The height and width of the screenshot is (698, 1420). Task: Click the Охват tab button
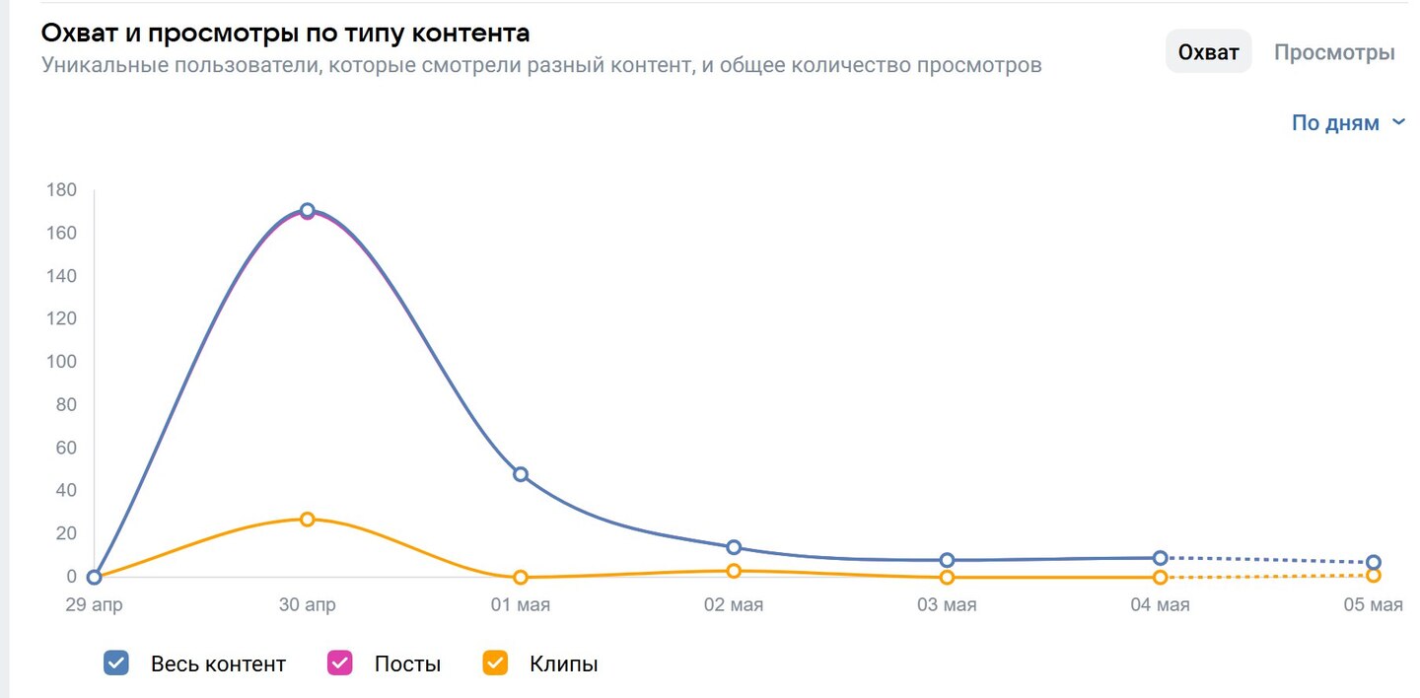click(x=1208, y=52)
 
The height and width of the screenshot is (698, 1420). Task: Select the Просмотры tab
click(x=1334, y=52)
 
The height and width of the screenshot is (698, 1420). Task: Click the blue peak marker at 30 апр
click(x=307, y=210)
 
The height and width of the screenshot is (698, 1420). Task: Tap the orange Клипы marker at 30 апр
click(x=307, y=519)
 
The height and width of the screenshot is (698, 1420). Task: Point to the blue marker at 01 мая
click(x=521, y=474)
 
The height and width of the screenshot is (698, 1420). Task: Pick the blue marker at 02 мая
click(x=734, y=547)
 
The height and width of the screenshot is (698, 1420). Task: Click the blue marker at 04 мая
click(x=1161, y=558)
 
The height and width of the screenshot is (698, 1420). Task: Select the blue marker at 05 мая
click(x=1374, y=562)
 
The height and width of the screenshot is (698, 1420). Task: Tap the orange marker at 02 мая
click(x=734, y=571)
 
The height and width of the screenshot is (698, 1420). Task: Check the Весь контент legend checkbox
click(x=116, y=663)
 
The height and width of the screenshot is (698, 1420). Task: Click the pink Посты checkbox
click(x=340, y=663)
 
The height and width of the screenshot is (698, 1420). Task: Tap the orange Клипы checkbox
click(x=495, y=663)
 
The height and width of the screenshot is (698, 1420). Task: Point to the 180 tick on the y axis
click(x=62, y=190)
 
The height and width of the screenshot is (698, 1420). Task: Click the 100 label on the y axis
click(x=62, y=362)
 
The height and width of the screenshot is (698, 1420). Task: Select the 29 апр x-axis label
click(x=94, y=604)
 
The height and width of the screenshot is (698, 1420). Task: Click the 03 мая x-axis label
click(x=947, y=604)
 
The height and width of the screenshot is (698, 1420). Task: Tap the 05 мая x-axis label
click(x=1373, y=604)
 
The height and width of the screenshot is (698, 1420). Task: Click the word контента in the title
click(x=471, y=33)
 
